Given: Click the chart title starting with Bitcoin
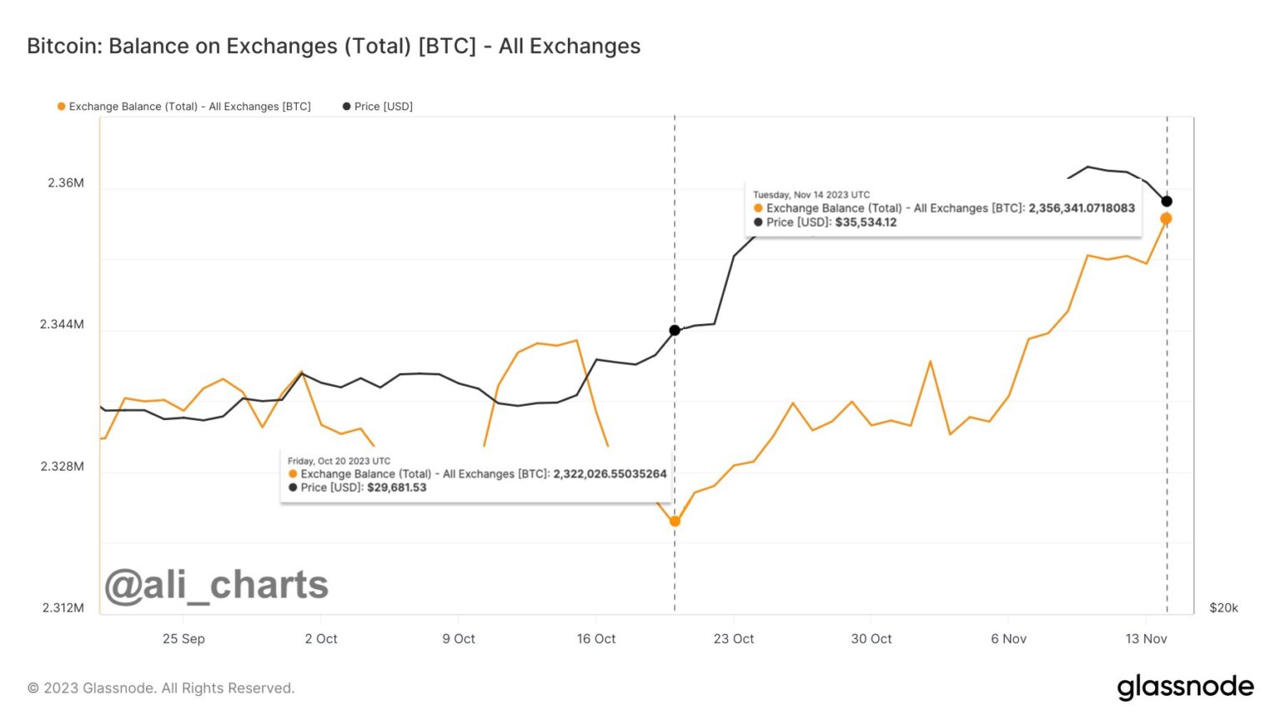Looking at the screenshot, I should coord(334,46).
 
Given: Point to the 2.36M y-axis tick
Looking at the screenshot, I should coord(66,183).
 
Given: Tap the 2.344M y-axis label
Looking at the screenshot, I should coord(63,324).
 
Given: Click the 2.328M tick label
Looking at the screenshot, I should coord(63,466).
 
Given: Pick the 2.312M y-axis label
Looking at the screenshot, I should coord(63,607).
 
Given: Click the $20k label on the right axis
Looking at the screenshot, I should coord(1223,607).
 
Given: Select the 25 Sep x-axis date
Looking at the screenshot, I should coord(183,638).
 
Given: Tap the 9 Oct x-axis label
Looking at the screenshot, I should coord(459,638).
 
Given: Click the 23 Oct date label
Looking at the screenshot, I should coord(734,638).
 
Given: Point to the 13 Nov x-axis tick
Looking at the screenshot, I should coord(1146,638).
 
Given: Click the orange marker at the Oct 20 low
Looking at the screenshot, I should coord(675,522).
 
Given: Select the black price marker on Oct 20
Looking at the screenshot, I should coord(675,331).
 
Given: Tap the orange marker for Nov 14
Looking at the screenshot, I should coord(1166,218).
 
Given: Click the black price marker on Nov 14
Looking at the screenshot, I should coord(1167,201).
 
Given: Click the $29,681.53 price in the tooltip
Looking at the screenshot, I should coord(397,487).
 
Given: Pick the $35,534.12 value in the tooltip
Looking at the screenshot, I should coord(866,222).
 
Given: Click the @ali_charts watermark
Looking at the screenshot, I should coord(217,585).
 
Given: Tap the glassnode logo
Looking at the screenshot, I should coord(1185,687).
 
